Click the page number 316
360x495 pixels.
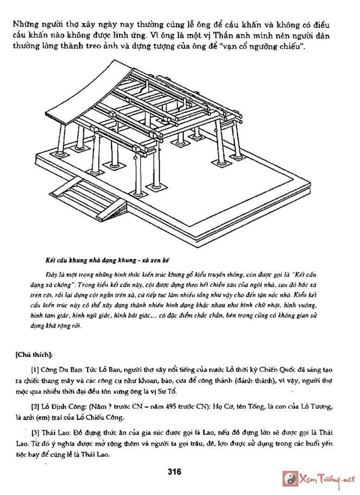coord(174,472)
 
